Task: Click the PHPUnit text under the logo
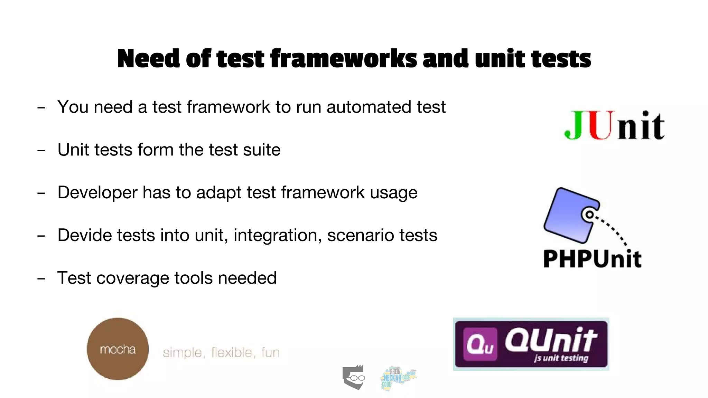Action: (592, 259)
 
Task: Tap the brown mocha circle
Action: (118, 349)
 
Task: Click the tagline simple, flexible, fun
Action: (221, 352)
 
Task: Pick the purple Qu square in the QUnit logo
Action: (480, 344)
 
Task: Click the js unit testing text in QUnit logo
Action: (561, 358)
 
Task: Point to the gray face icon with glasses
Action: (354, 377)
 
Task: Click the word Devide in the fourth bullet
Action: (84, 235)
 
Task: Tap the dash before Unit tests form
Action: (41, 151)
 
